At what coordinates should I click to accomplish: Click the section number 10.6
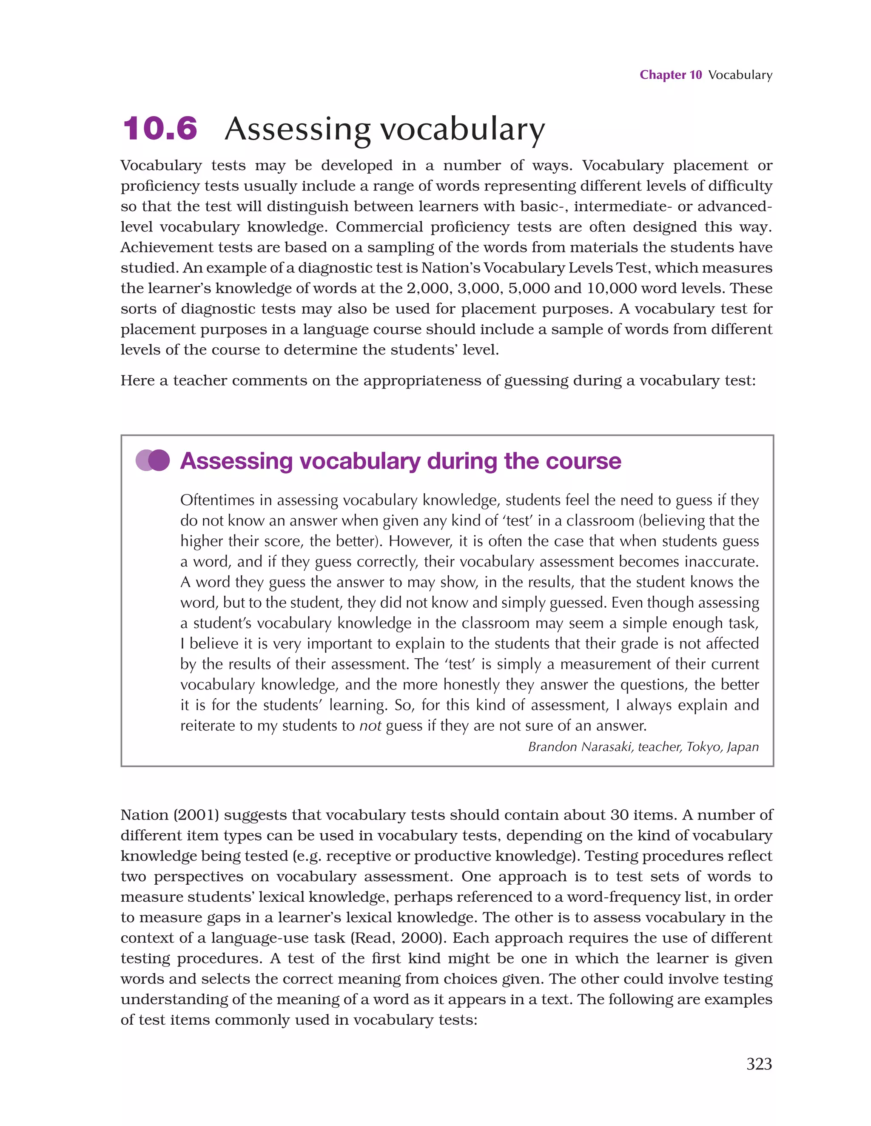pos(160,129)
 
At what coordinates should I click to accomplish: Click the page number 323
pos(759,1063)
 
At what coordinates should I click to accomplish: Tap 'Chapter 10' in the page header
pos(671,75)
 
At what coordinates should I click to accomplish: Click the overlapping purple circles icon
pos(153,460)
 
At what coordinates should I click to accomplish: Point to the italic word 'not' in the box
pos(370,726)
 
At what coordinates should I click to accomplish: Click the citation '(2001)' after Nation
pos(196,814)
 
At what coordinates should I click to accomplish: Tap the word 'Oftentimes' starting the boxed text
pos(223,500)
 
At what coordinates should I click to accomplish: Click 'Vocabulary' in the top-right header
pos(740,75)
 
